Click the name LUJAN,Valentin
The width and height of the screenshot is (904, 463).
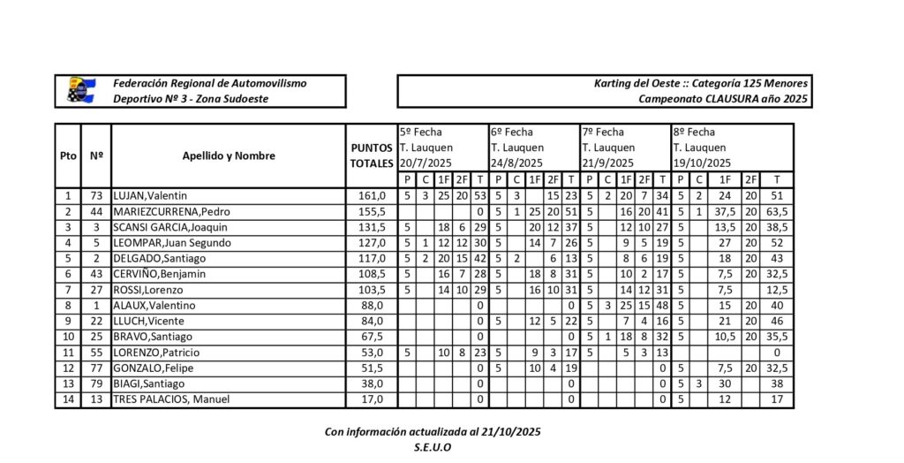pyautogui.click(x=151, y=196)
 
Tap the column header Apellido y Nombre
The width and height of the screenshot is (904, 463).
pyautogui.click(x=229, y=156)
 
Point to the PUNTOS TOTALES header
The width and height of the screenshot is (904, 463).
pyautogui.click(x=372, y=156)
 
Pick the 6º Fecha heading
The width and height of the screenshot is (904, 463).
pyautogui.click(x=512, y=132)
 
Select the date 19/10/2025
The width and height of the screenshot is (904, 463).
pyautogui.click(x=702, y=163)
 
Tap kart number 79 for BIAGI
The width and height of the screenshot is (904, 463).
pyautogui.click(x=96, y=384)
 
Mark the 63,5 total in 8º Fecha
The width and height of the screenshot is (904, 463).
pyautogui.click(x=777, y=212)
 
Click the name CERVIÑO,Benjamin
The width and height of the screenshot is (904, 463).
pyautogui.click(x=159, y=274)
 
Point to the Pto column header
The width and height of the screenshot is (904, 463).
pyautogui.click(x=68, y=156)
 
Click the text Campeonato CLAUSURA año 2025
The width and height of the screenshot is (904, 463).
pyautogui.click(x=723, y=99)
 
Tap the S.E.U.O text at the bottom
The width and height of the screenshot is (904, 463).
pyautogui.click(x=433, y=447)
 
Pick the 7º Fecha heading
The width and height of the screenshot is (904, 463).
pyautogui.click(x=603, y=132)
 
